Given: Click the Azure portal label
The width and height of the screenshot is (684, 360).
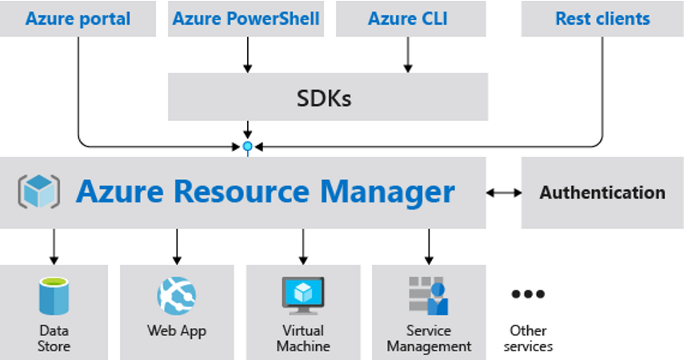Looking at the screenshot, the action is [78, 18].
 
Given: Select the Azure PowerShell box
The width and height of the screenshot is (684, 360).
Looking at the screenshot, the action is [246, 18].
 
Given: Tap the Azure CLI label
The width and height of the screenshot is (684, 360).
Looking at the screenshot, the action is [408, 18].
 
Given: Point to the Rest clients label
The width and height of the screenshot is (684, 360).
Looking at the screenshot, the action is [602, 18].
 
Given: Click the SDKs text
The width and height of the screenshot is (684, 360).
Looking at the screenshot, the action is [324, 98].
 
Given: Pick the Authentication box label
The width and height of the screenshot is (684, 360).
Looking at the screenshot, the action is [602, 193].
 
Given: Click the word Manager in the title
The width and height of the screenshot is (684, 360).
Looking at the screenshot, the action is [387, 192].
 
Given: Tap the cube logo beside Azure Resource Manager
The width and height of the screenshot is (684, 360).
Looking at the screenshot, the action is [39, 191].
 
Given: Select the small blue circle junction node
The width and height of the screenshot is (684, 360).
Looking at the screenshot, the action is [247, 146].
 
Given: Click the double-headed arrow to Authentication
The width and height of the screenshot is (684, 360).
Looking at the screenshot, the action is [504, 193].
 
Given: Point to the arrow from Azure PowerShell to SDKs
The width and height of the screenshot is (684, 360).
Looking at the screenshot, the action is [247, 54].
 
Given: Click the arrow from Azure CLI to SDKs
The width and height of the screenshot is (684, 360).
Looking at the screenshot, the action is [408, 54].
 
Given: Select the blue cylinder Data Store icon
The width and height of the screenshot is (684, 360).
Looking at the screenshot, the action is [54, 296].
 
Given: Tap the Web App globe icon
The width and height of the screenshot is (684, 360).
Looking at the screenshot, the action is [177, 296].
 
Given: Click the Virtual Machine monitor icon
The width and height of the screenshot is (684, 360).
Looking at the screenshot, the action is [303, 296].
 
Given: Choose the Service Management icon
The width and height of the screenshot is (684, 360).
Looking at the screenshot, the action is [428, 296].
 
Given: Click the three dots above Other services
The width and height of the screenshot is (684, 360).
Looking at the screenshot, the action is [528, 294].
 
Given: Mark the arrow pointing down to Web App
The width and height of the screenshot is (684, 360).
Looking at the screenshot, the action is [177, 246].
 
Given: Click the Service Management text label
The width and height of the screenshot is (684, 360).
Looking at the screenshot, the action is [429, 338].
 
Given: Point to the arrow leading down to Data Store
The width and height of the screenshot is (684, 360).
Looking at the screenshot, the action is [54, 246].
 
